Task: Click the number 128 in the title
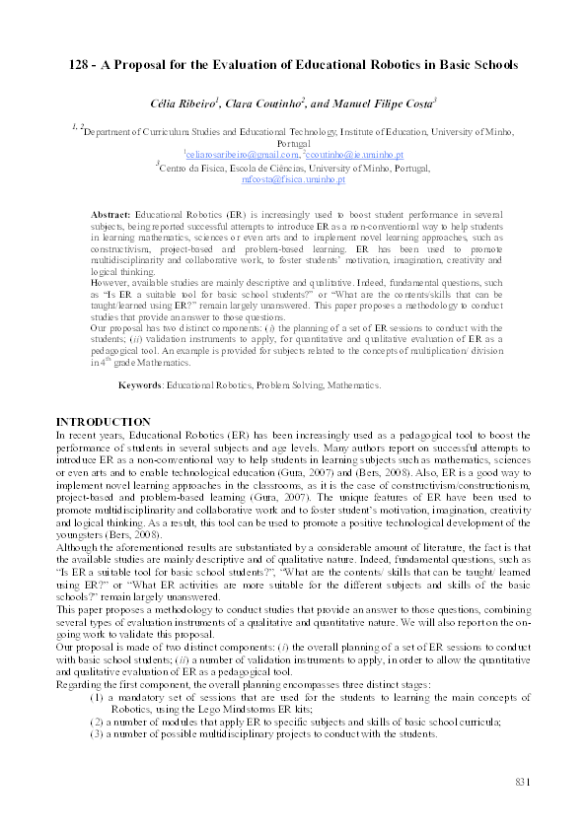pos(81,65)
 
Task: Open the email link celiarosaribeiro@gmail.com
pos(241,155)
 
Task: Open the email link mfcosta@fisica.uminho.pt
pos(293,180)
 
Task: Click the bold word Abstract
pos(110,214)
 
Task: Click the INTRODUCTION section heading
pos(104,422)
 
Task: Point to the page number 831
pos(523,782)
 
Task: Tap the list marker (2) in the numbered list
pos(98,723)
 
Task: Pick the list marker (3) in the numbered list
pos(98,734)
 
